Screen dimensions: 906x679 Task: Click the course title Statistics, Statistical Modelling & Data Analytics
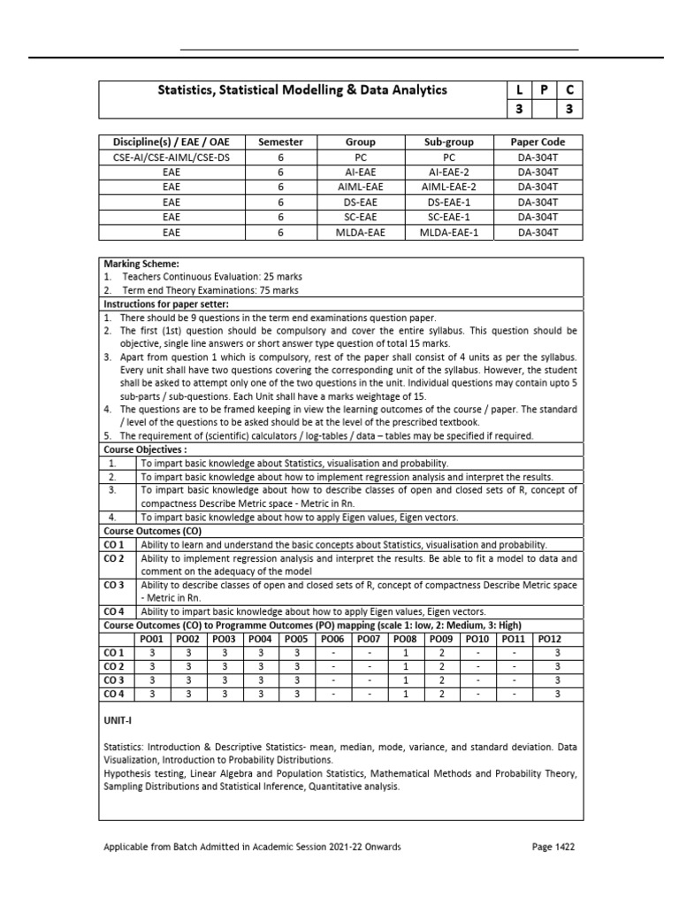coord(301,90)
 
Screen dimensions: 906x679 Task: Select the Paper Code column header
coord(538,142)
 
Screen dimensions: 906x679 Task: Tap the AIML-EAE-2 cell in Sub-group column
coord(450,187)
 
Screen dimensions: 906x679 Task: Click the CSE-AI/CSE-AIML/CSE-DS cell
coord(171,157)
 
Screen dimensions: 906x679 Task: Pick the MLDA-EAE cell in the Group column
coord(360,232)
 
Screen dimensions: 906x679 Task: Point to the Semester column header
coord(280,142)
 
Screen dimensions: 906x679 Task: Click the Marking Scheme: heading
coord(141,263)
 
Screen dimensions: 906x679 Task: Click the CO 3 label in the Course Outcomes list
coord(114,586)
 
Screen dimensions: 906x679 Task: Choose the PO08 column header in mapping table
coord(404,638)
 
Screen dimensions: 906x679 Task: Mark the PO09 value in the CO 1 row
coord(440,652)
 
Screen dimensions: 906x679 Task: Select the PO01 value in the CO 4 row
coord(151,695)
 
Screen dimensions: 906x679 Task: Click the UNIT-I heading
coord(118,722)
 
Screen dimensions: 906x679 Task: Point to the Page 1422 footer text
coord(553,847)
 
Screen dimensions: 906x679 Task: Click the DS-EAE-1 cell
coord(450,202)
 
